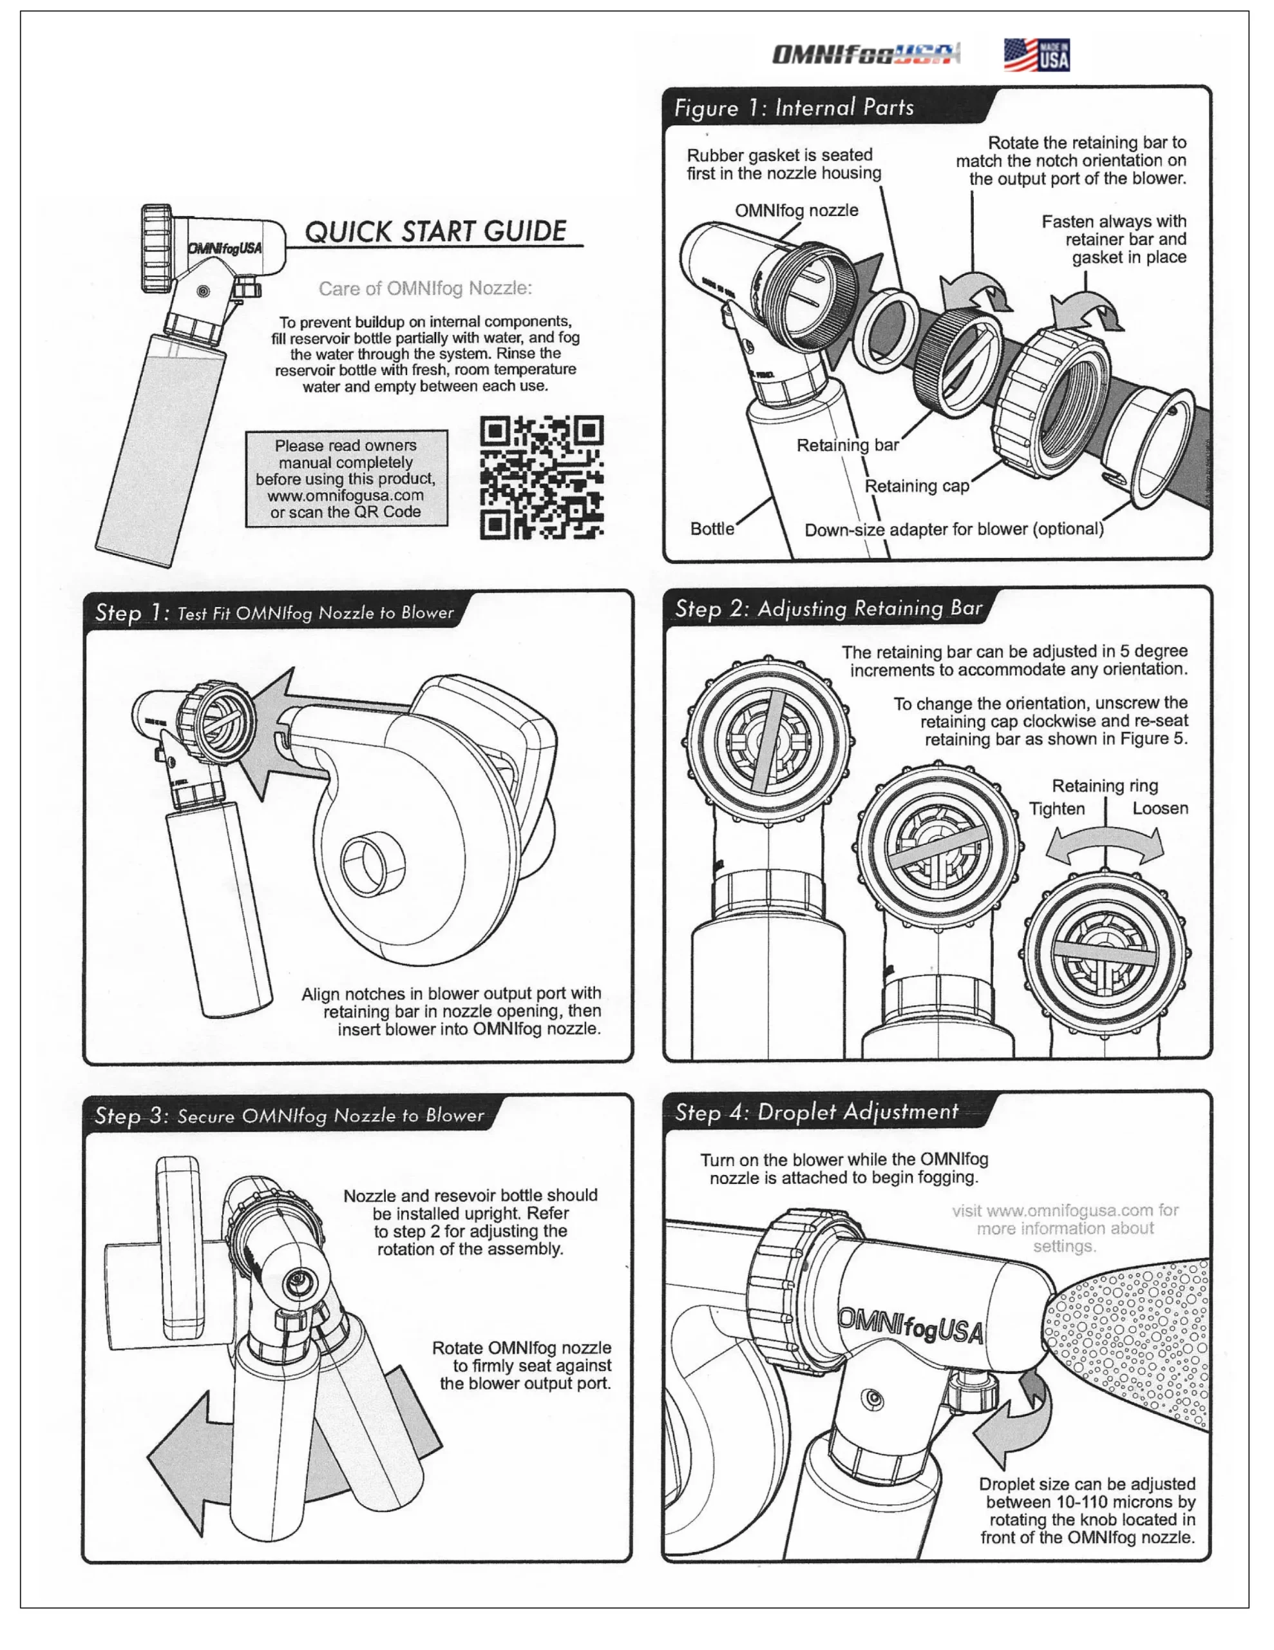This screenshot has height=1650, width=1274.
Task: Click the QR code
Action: (542, 478)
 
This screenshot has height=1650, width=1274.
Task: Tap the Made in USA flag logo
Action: (1036, 55)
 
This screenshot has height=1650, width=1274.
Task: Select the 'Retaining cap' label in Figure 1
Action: (916, 486)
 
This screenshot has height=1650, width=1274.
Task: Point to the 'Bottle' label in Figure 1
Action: (711, 529)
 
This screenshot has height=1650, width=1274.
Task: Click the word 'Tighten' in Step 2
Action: (1056, 809)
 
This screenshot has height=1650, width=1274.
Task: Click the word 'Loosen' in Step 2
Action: (1159, 808)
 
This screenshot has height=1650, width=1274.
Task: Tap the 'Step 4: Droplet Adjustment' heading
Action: (815, 1112)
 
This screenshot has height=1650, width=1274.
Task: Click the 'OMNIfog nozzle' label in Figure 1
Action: (796, 210)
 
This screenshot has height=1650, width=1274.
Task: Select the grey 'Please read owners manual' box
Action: (346, 478)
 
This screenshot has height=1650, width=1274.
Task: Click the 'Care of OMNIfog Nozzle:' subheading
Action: (425, 289)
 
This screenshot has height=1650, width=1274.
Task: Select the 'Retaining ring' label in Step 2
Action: (1104, 786)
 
